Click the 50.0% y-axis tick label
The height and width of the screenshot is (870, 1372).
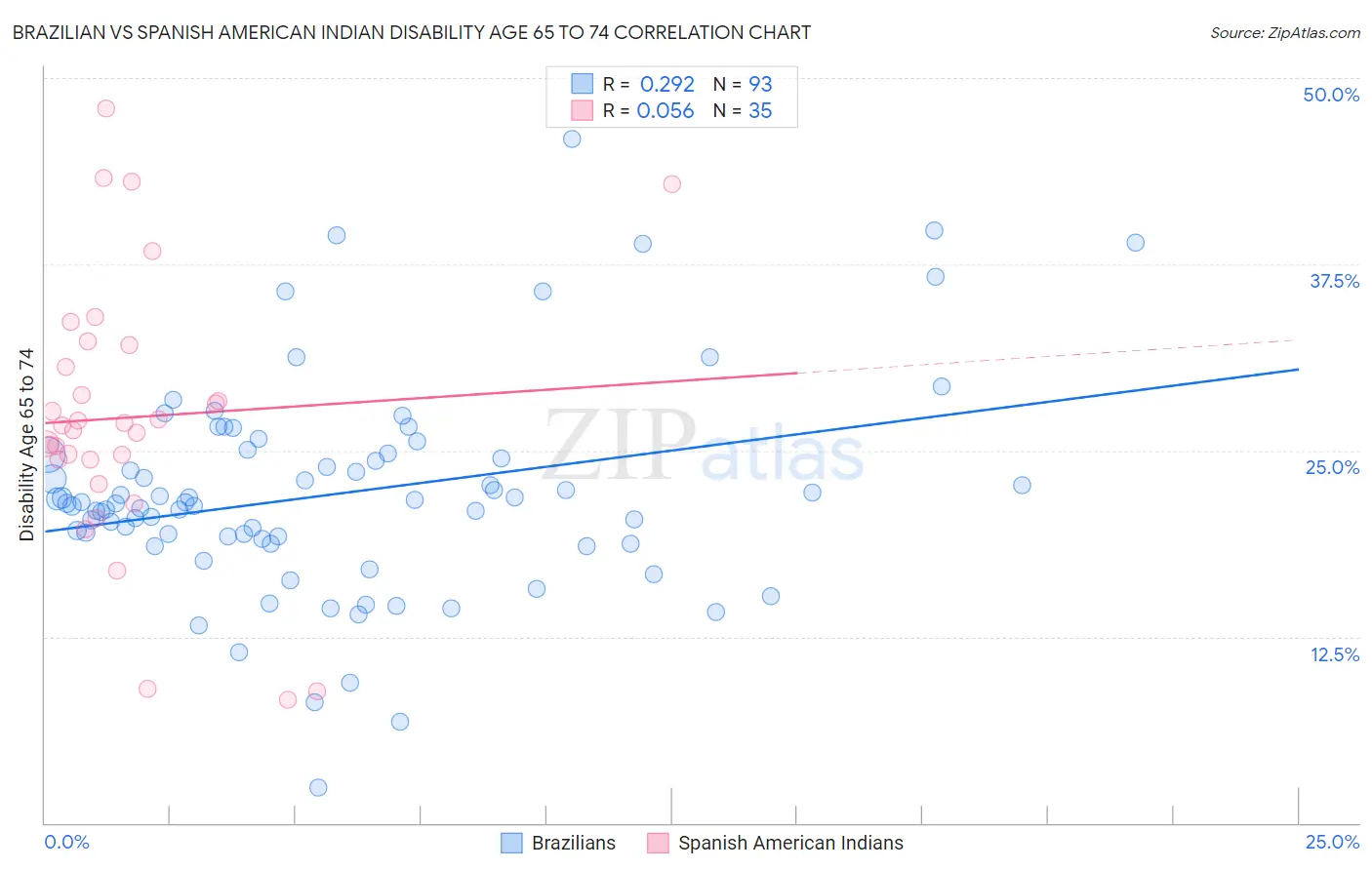[x=1331, y=95]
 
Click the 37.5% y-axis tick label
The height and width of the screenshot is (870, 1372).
[x=1334, y=281]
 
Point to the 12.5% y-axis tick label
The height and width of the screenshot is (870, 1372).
[x=1334, y=654]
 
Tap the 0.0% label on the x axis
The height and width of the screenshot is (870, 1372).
[x=66, y=842]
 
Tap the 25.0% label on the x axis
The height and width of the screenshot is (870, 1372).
[x=1332, y=842]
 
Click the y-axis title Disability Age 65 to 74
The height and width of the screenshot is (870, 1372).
[x=26, y=444]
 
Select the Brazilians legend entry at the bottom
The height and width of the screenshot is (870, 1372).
[x=558, y=843]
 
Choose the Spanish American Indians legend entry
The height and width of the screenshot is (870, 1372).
[x=776, y=843]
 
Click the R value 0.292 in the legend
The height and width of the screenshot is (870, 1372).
[x=666, y=85]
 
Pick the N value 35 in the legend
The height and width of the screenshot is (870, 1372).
[x=760, y=111]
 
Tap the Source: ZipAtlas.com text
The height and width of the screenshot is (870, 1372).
[x=1284, y=32]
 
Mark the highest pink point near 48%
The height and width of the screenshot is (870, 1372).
[x=105, y=108]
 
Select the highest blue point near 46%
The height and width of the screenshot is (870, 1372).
[x=572, y=138]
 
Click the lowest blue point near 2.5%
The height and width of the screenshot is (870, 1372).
[x=318, y=787]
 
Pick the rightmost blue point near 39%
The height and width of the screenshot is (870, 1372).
[x=1135, y=243]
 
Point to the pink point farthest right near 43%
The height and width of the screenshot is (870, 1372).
[x=671, y=183]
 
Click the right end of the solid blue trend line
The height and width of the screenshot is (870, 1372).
[x=1298, y=370]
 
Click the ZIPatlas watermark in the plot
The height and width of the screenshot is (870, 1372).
[x=703, y=446]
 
